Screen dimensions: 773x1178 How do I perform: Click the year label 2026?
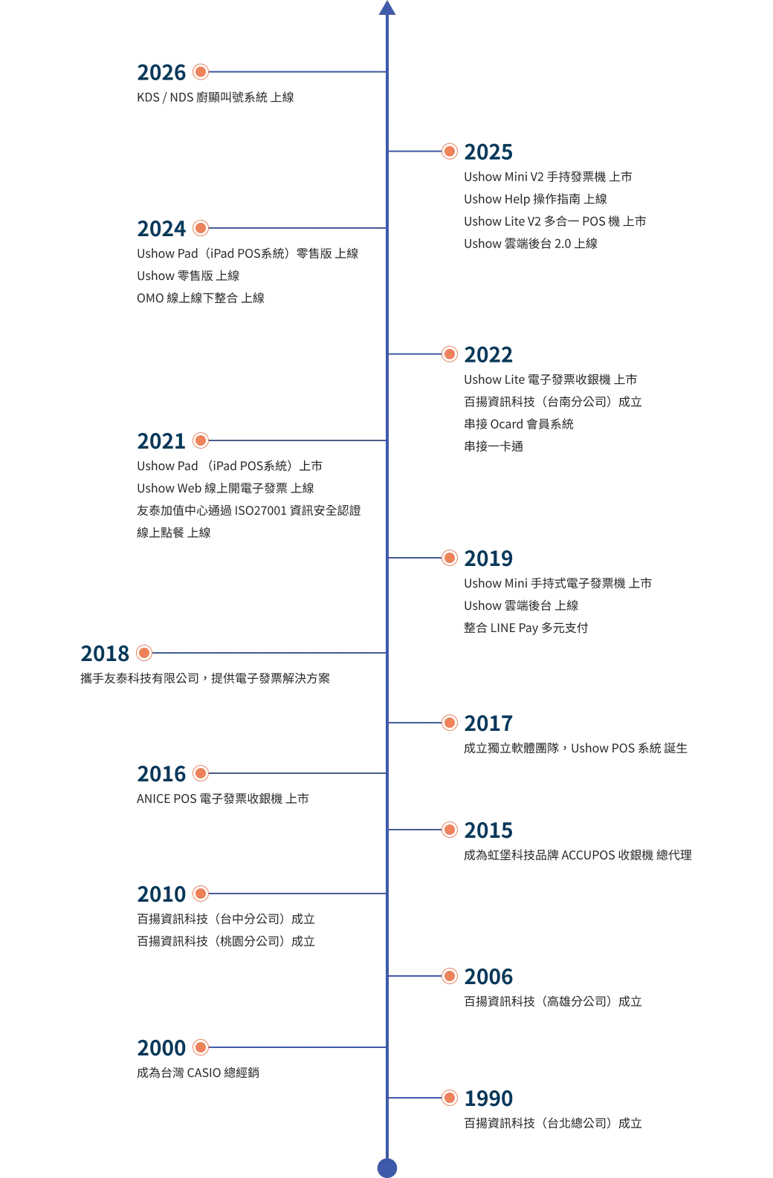point(161,73)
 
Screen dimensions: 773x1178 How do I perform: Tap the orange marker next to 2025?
point(450,152)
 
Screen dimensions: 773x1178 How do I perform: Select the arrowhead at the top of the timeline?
point(387,7)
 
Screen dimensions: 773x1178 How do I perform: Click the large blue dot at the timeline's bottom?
point(387,1168)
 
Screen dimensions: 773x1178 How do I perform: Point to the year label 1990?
point(488,1099)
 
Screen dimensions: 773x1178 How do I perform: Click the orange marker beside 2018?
point(144,653)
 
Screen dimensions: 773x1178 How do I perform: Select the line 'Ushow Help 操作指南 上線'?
point(535,199)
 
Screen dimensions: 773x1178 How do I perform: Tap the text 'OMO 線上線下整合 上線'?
point(201,298)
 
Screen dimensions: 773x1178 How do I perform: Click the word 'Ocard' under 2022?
point(506,424)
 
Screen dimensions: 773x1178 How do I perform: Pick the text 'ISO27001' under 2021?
point(260,511)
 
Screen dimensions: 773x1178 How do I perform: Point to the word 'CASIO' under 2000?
point(204,1073)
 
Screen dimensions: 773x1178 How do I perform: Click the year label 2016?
point(161,774)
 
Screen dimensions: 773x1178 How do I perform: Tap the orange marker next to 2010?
point(201,894)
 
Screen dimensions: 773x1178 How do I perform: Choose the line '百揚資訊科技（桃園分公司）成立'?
point(226,941)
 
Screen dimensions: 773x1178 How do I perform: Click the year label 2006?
point(488,977)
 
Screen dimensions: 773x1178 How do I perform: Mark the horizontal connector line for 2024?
point(297,228)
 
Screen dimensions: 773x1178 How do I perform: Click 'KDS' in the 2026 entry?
point(148,97)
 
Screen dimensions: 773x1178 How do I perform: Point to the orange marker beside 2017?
point(450,723)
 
